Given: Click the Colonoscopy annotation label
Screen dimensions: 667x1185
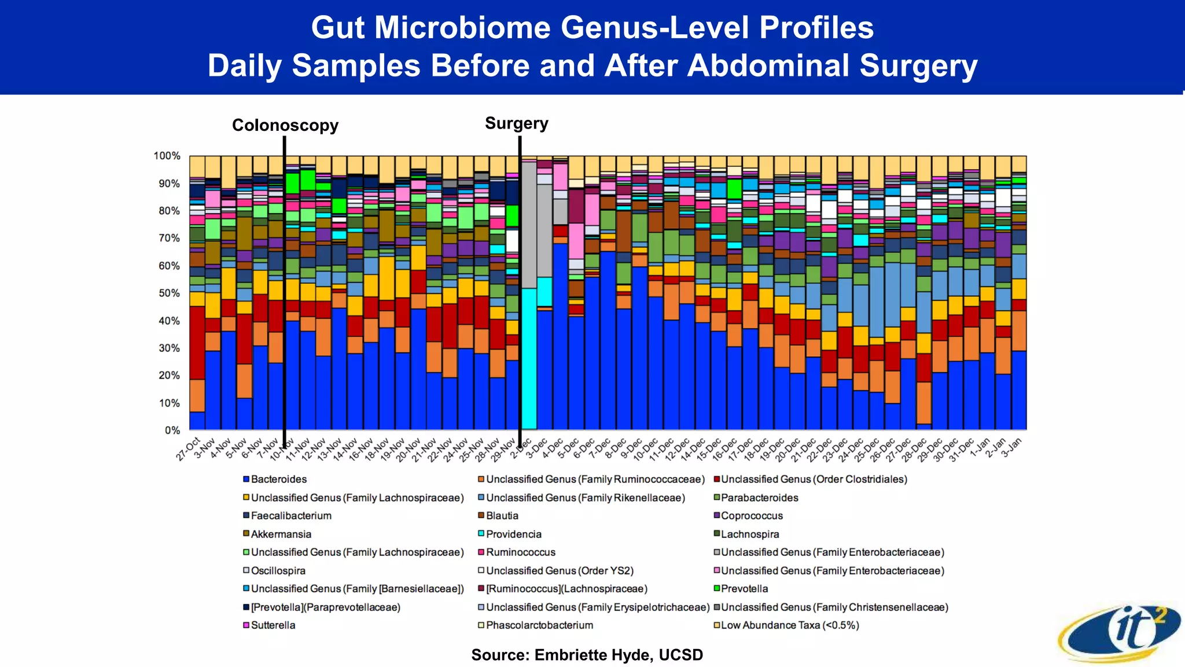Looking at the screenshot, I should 285,125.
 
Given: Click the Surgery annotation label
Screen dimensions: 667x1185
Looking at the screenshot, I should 516,123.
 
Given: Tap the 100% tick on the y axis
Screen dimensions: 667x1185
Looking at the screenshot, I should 167,156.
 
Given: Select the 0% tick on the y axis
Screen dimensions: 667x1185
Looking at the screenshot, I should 172,430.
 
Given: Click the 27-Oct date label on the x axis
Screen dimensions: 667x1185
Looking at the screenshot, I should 189,449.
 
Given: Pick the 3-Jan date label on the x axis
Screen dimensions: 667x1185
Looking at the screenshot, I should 1011,448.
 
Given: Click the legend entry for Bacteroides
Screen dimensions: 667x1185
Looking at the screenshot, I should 278,479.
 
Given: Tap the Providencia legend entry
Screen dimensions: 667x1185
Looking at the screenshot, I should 513,534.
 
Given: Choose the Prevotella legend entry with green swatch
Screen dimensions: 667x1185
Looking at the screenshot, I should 744,589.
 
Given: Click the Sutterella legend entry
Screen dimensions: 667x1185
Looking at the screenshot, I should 273,625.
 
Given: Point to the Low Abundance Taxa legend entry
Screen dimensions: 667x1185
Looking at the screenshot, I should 789,625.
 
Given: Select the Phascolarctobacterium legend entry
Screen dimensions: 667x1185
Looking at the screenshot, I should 539,625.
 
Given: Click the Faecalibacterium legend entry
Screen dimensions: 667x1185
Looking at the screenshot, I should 290,516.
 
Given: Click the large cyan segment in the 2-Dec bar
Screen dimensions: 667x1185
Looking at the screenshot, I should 529,359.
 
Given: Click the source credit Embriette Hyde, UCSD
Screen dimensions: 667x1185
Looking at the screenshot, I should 587,655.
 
